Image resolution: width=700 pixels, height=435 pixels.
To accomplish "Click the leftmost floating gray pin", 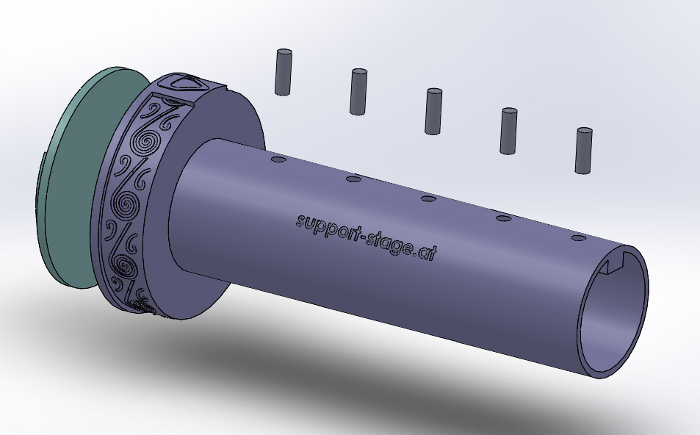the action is click(284, 72).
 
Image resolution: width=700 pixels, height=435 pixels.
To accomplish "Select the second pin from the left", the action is click(358, 92).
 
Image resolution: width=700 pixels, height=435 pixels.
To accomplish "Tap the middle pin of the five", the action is click(433, 111).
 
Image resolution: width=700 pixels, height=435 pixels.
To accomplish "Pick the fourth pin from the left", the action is click(508, 131).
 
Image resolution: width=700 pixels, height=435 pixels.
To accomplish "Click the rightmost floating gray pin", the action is click(583, 151).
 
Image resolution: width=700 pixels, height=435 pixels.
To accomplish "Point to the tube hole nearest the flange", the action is click(278, 159).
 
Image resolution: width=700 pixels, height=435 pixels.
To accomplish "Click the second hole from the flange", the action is click(353, 179).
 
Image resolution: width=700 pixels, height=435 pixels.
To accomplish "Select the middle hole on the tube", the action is click(428, 198).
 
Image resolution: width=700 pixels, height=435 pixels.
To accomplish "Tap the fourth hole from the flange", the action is click(504, 218).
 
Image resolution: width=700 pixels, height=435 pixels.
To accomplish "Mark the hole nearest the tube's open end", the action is click(579, 238).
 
